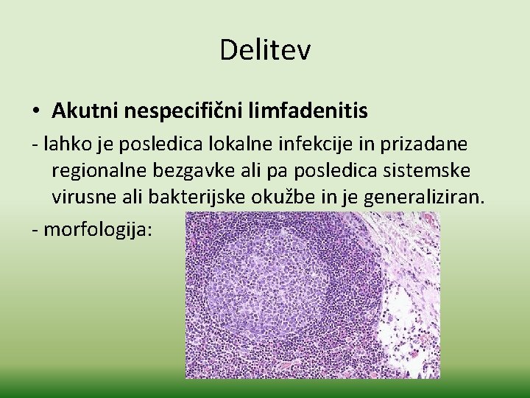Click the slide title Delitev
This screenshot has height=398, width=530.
265,51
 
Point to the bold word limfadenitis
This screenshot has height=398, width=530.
318,111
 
